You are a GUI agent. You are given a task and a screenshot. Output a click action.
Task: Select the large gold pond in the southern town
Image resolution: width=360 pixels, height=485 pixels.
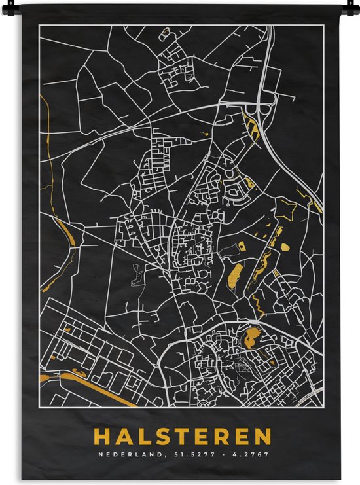(251, 338)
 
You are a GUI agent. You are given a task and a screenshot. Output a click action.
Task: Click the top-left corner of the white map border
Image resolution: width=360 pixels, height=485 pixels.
(39, 26)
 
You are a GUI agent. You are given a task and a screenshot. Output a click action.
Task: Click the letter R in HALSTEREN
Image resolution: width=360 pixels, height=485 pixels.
(224, 437)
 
